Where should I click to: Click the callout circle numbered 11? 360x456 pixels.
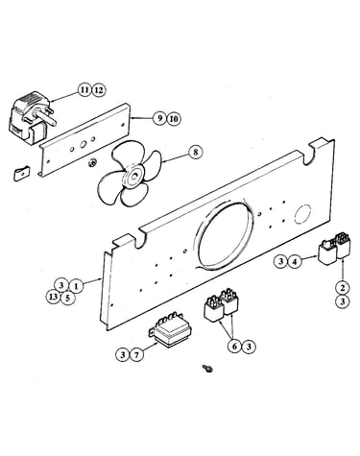84,90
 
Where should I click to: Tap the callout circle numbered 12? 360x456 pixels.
99,90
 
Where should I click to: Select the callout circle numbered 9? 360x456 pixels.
159,119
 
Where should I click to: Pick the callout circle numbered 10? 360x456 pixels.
173,119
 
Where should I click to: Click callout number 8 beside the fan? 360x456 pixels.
195,152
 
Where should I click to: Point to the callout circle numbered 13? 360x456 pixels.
54,297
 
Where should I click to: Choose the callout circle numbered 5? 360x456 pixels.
67,299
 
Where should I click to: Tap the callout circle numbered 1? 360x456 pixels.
76,285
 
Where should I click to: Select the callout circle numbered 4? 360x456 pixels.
295,262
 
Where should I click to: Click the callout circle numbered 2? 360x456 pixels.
343,288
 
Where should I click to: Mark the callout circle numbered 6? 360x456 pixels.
235,347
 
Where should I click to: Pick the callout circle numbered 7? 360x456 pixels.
136,354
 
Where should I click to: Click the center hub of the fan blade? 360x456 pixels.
132,176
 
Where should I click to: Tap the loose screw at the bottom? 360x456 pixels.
207,369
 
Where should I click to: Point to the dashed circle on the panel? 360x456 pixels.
302,213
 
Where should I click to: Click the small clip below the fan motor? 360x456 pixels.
21,173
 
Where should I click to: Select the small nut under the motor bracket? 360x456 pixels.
93,162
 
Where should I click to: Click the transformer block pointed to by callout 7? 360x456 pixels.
170,329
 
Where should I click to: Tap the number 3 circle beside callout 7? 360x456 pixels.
123,354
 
